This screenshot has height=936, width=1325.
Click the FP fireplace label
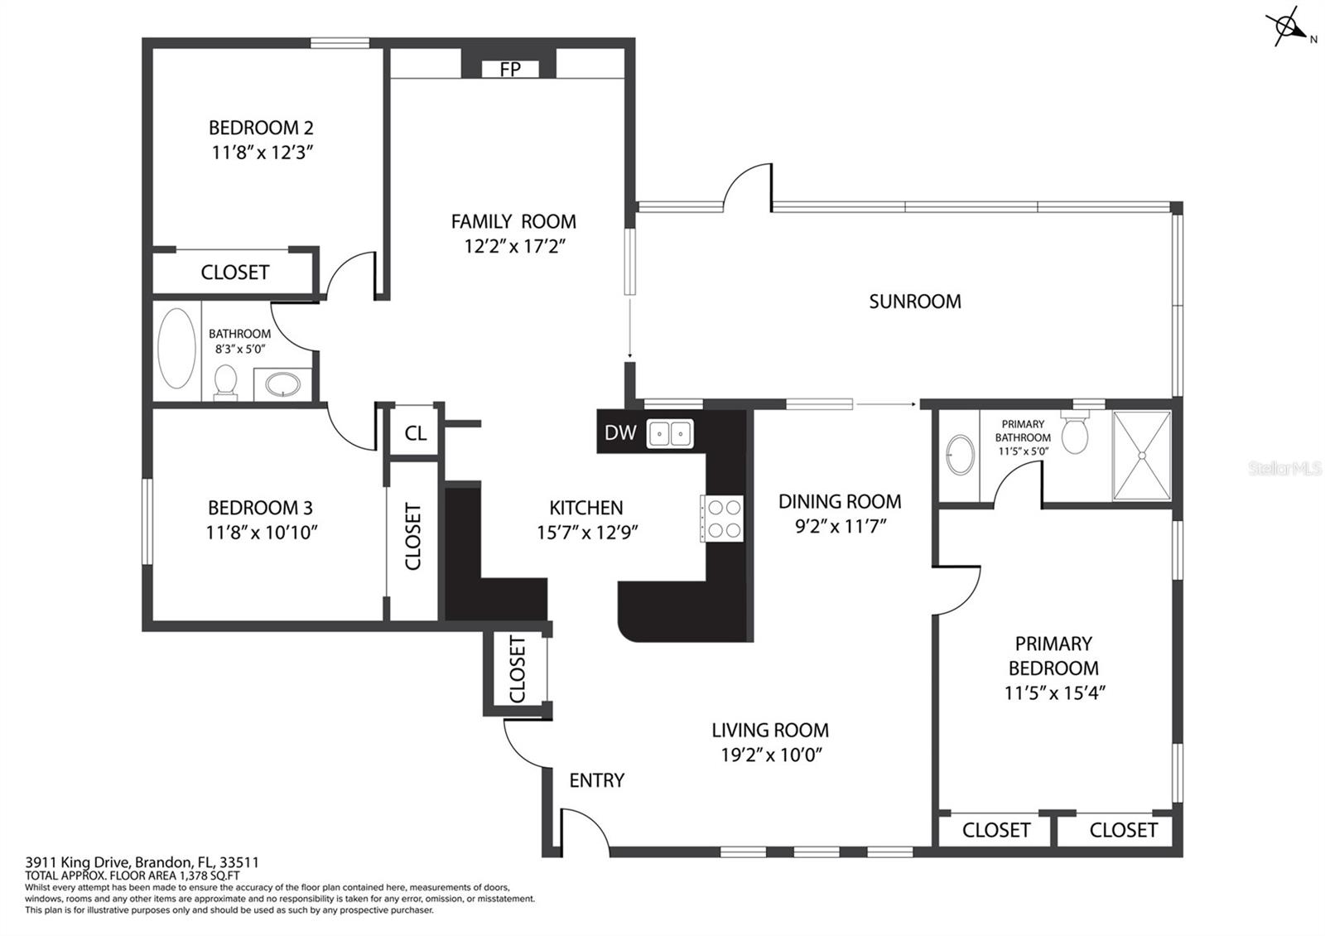[x=510, y=70]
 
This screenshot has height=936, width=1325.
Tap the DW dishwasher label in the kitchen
[x=620, y=432]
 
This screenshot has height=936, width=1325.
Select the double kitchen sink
[x=670, y=434]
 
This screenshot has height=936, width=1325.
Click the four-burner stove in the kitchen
[x=721, y=519]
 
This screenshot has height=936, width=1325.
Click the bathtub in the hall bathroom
[x=176, y=348]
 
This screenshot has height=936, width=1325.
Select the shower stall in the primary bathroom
[x=1142, y=456]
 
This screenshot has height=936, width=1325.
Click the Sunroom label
[x=914, y=302]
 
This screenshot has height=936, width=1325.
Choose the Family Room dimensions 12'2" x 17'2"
[x=514, y=246]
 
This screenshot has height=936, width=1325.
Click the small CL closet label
[x=415, y=433]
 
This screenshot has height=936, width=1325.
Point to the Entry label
[x=596, y=780]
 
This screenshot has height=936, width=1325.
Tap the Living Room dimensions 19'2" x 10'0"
[x=771, y=755]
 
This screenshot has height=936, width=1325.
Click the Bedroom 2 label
[x=261, y=128]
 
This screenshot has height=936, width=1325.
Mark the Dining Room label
[x=840, y=502]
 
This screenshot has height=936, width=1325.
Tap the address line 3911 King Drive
[x=142, y=862]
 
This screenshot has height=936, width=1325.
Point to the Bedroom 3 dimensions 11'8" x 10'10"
[x=262, y=533]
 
